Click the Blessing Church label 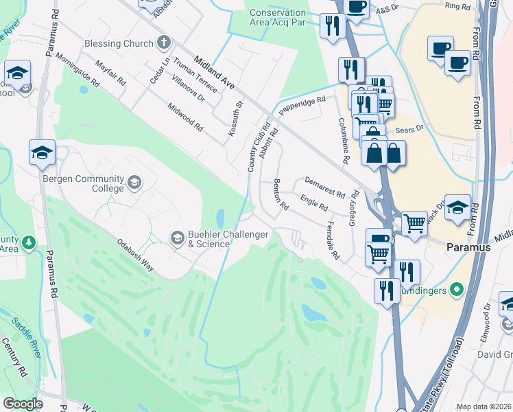(119, 43)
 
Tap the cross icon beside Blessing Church (163, 43)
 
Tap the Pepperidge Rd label (302, 104)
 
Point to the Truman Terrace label (195, 75)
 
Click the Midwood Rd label (186, 117)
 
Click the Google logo (23, 404)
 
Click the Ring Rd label (457, 5)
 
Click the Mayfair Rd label (110, 71)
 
